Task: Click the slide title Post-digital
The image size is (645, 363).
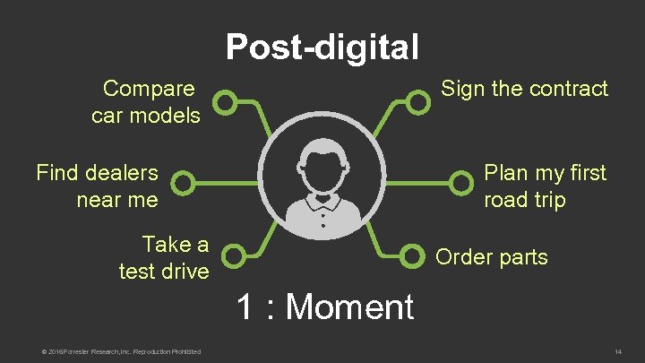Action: (322, 47)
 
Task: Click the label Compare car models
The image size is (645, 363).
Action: (147, 102)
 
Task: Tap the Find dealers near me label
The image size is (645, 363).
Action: (98, 186)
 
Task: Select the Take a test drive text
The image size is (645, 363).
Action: (164, 257)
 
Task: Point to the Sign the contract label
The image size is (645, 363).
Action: (523, 89)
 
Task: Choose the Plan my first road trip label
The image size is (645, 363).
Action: (545, 186)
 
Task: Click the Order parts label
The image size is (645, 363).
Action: (491, 257)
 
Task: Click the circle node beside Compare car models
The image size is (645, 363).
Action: (228, 103)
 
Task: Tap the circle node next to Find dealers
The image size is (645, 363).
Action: (182, 184)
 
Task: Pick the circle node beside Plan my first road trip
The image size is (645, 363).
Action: (461, 184)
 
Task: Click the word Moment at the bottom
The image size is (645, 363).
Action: (349, 307)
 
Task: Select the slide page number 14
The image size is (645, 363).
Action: (617, 350)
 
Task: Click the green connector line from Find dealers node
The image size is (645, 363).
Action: (224, 184)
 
